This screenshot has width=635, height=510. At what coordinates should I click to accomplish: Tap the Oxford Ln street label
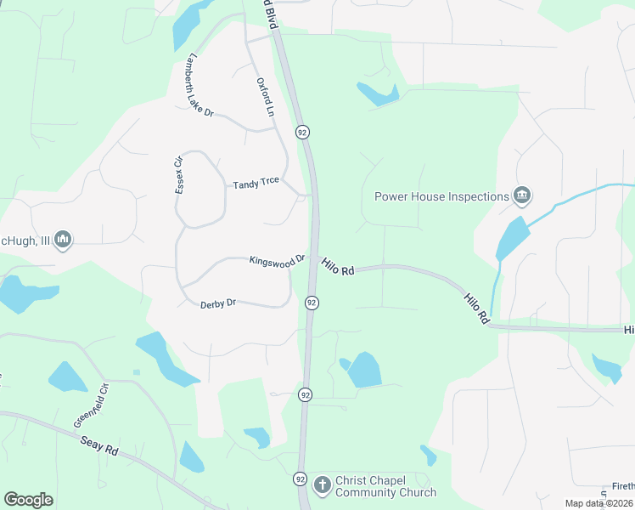(266, 98)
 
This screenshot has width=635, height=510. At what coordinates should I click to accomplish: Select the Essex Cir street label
(179, 175)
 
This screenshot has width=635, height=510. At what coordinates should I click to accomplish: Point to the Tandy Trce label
(256, 183)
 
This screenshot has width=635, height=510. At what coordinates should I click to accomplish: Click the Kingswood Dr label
(277, 259)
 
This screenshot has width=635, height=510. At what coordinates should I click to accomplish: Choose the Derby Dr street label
(218, 303)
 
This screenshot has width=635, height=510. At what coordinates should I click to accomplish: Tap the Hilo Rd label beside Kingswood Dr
(338, 266)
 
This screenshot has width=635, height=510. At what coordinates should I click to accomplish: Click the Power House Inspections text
(441, 196)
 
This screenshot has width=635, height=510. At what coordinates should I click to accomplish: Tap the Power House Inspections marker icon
(522, 196)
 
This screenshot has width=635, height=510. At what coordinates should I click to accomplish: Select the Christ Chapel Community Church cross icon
(322, 485)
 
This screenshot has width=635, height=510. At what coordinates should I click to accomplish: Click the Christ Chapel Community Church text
(385, 486)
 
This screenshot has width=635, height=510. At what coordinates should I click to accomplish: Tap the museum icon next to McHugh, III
(62, 241)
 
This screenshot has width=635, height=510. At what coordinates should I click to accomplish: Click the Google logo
(28, 500)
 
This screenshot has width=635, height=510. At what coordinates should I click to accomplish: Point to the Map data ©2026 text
(598, 503)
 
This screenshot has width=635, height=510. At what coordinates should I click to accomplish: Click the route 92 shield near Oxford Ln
(302, 132)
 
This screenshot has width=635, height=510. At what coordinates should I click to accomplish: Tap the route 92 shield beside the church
(300, 479)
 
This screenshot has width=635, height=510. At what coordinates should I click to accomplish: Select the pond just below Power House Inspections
(511, 239)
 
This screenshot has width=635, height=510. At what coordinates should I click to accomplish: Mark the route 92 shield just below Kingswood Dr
(312, 303)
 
